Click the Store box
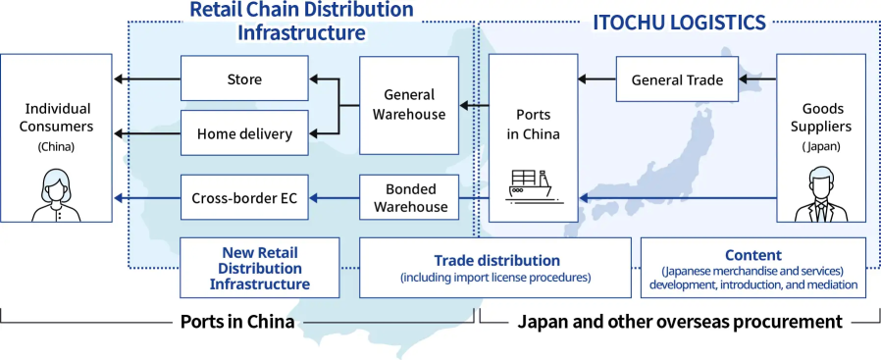coord(244,79)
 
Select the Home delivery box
coord(244,133)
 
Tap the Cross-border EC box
coord(244,197)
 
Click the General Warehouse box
coord(409,104)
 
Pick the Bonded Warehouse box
coord(409,197)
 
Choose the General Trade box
coord(676,79)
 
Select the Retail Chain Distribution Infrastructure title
coord(301,22)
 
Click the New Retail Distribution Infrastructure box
coord(260,268)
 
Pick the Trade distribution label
coord(496,261)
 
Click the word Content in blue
coord(752,255)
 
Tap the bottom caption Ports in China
coord(237,322)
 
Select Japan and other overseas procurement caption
coord(680,322)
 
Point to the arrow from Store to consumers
coord(147,79)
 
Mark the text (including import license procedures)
coord(495,278)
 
